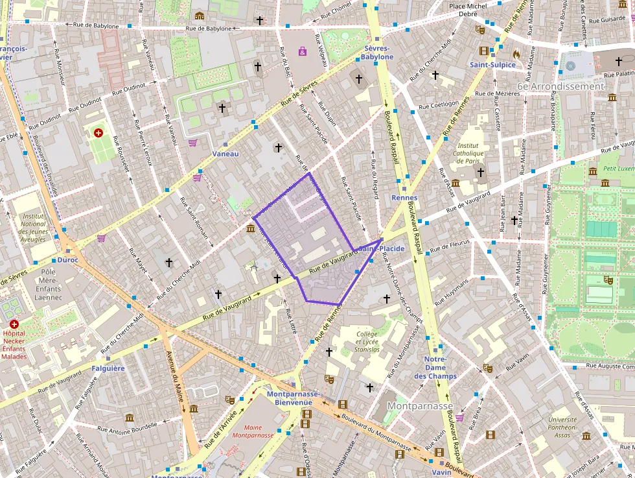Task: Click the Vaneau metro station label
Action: coord(225,154)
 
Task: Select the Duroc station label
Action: coord(67,260)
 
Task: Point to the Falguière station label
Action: coord(108,368)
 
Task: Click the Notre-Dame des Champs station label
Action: coord(435,367)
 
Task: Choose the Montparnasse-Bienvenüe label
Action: coord(293,398)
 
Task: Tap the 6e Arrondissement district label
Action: coord(560,86)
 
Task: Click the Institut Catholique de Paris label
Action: coord(470,153)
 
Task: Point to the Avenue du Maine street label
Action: coord(172,367)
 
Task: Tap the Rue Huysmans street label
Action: coord(452,293)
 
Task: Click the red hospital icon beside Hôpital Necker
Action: coord(14,324)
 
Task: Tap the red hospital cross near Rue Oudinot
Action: coord(98,133)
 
